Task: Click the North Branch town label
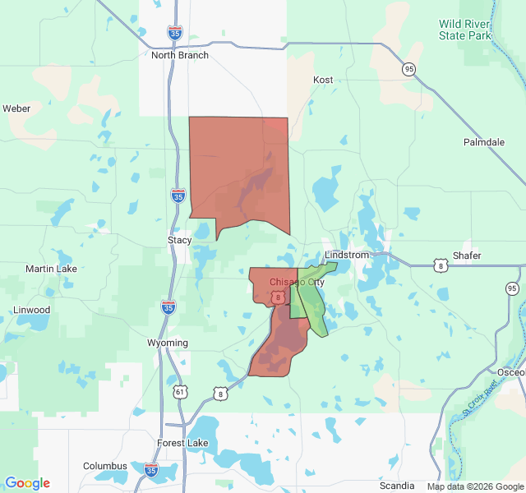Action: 180,55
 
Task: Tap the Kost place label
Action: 323,80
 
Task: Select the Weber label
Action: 16,108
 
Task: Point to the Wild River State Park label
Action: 464,30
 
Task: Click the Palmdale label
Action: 483,142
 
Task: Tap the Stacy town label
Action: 179,240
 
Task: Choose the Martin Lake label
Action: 51,269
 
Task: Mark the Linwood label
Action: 31,310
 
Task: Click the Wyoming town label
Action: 168,343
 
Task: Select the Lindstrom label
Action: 347,256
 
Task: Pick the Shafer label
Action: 467,256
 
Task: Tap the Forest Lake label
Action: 182,443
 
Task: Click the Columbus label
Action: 105,466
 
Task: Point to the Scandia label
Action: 397,486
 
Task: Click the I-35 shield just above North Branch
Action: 174,33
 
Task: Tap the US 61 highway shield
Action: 180,393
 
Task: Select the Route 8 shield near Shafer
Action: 441,265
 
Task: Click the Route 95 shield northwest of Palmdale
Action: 408,70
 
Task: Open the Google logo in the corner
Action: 27,483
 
